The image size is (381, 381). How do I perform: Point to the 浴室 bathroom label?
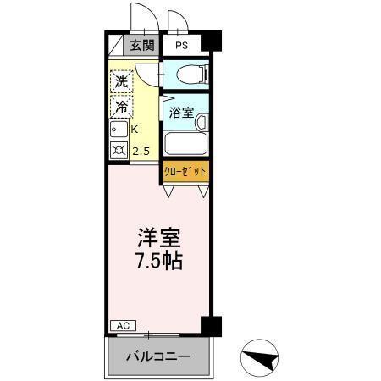coord(180,112)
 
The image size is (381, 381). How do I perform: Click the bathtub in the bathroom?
coord(184,142)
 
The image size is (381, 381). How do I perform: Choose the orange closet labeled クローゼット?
coord(185,172)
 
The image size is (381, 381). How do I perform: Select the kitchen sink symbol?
coord(118,130)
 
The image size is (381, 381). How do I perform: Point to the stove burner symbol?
coord(118,152)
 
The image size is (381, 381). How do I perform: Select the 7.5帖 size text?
coord(159,261)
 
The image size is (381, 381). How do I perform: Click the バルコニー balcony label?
coord(159,356)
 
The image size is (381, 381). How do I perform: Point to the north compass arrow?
coord(262,358)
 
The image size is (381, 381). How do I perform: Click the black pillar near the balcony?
coord(211,326)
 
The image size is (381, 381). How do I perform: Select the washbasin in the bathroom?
coord(203,123)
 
